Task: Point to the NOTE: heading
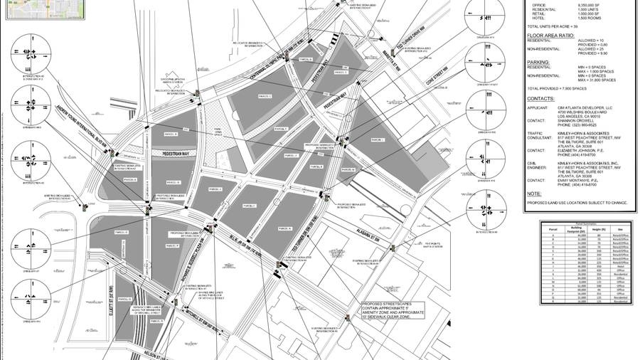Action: point(534,194)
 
